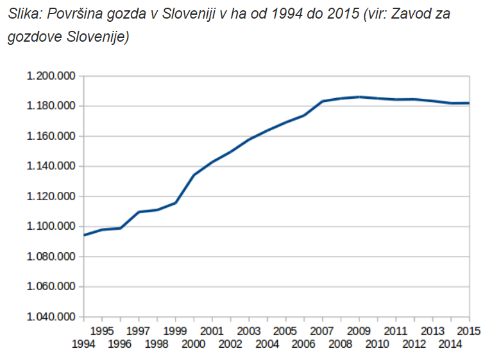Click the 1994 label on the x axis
tap(84, 345)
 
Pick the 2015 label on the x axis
tap(470, 331)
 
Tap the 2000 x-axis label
tap(194, 345)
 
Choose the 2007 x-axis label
tap(323, 331)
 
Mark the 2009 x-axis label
tap(359, 331)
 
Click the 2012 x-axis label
tap(414, 345)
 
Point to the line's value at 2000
tap(194, 175)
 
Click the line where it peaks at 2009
tap(359, 97)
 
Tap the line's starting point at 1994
tap(85, 235)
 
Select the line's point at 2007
tap(323, 101)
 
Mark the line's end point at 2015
tap(469, 103)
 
